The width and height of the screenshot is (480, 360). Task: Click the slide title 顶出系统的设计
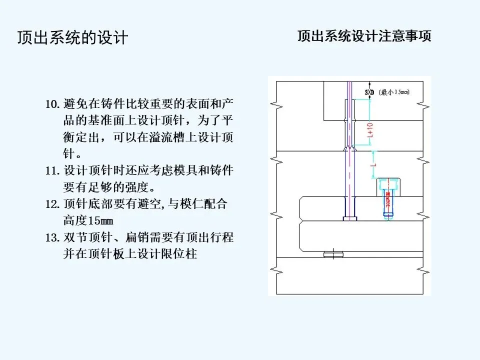click(72, 38)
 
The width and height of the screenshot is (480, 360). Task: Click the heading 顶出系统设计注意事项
click(364, 36)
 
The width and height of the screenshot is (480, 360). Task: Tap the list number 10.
click(52, 104)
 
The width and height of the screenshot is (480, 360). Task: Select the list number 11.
click(52, 170)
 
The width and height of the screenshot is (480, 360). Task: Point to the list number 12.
click(52, 204)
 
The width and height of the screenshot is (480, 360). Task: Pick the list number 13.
click(52, 237)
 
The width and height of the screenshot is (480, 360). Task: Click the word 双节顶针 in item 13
click(88, 237)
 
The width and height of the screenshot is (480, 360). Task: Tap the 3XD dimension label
click(369, 92)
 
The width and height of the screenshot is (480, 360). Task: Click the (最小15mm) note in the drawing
click(394, 92)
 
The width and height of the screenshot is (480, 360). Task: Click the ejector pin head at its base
click(349, 218)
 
